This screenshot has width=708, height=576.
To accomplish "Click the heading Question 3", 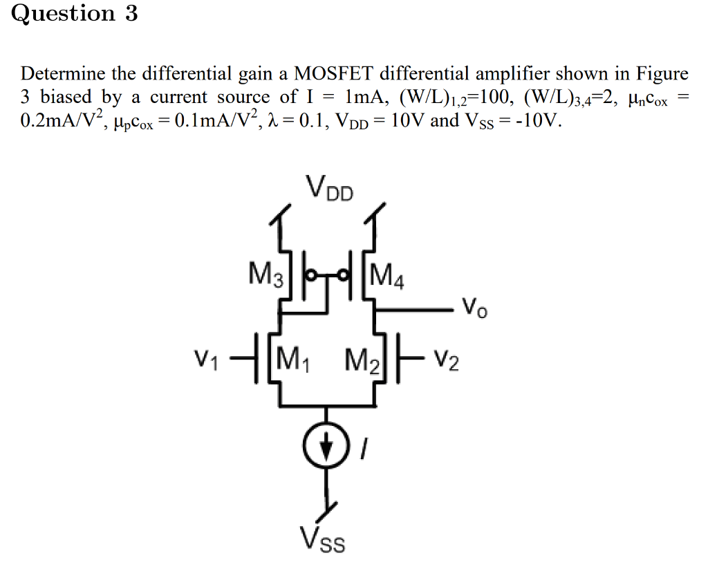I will click(x=75, y=15).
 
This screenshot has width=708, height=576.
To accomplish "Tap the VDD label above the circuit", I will click(x=329, y=188).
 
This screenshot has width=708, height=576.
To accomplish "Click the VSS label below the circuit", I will click(x=322, y=540).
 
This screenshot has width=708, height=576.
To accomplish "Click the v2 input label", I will click(x=447, y=360).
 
